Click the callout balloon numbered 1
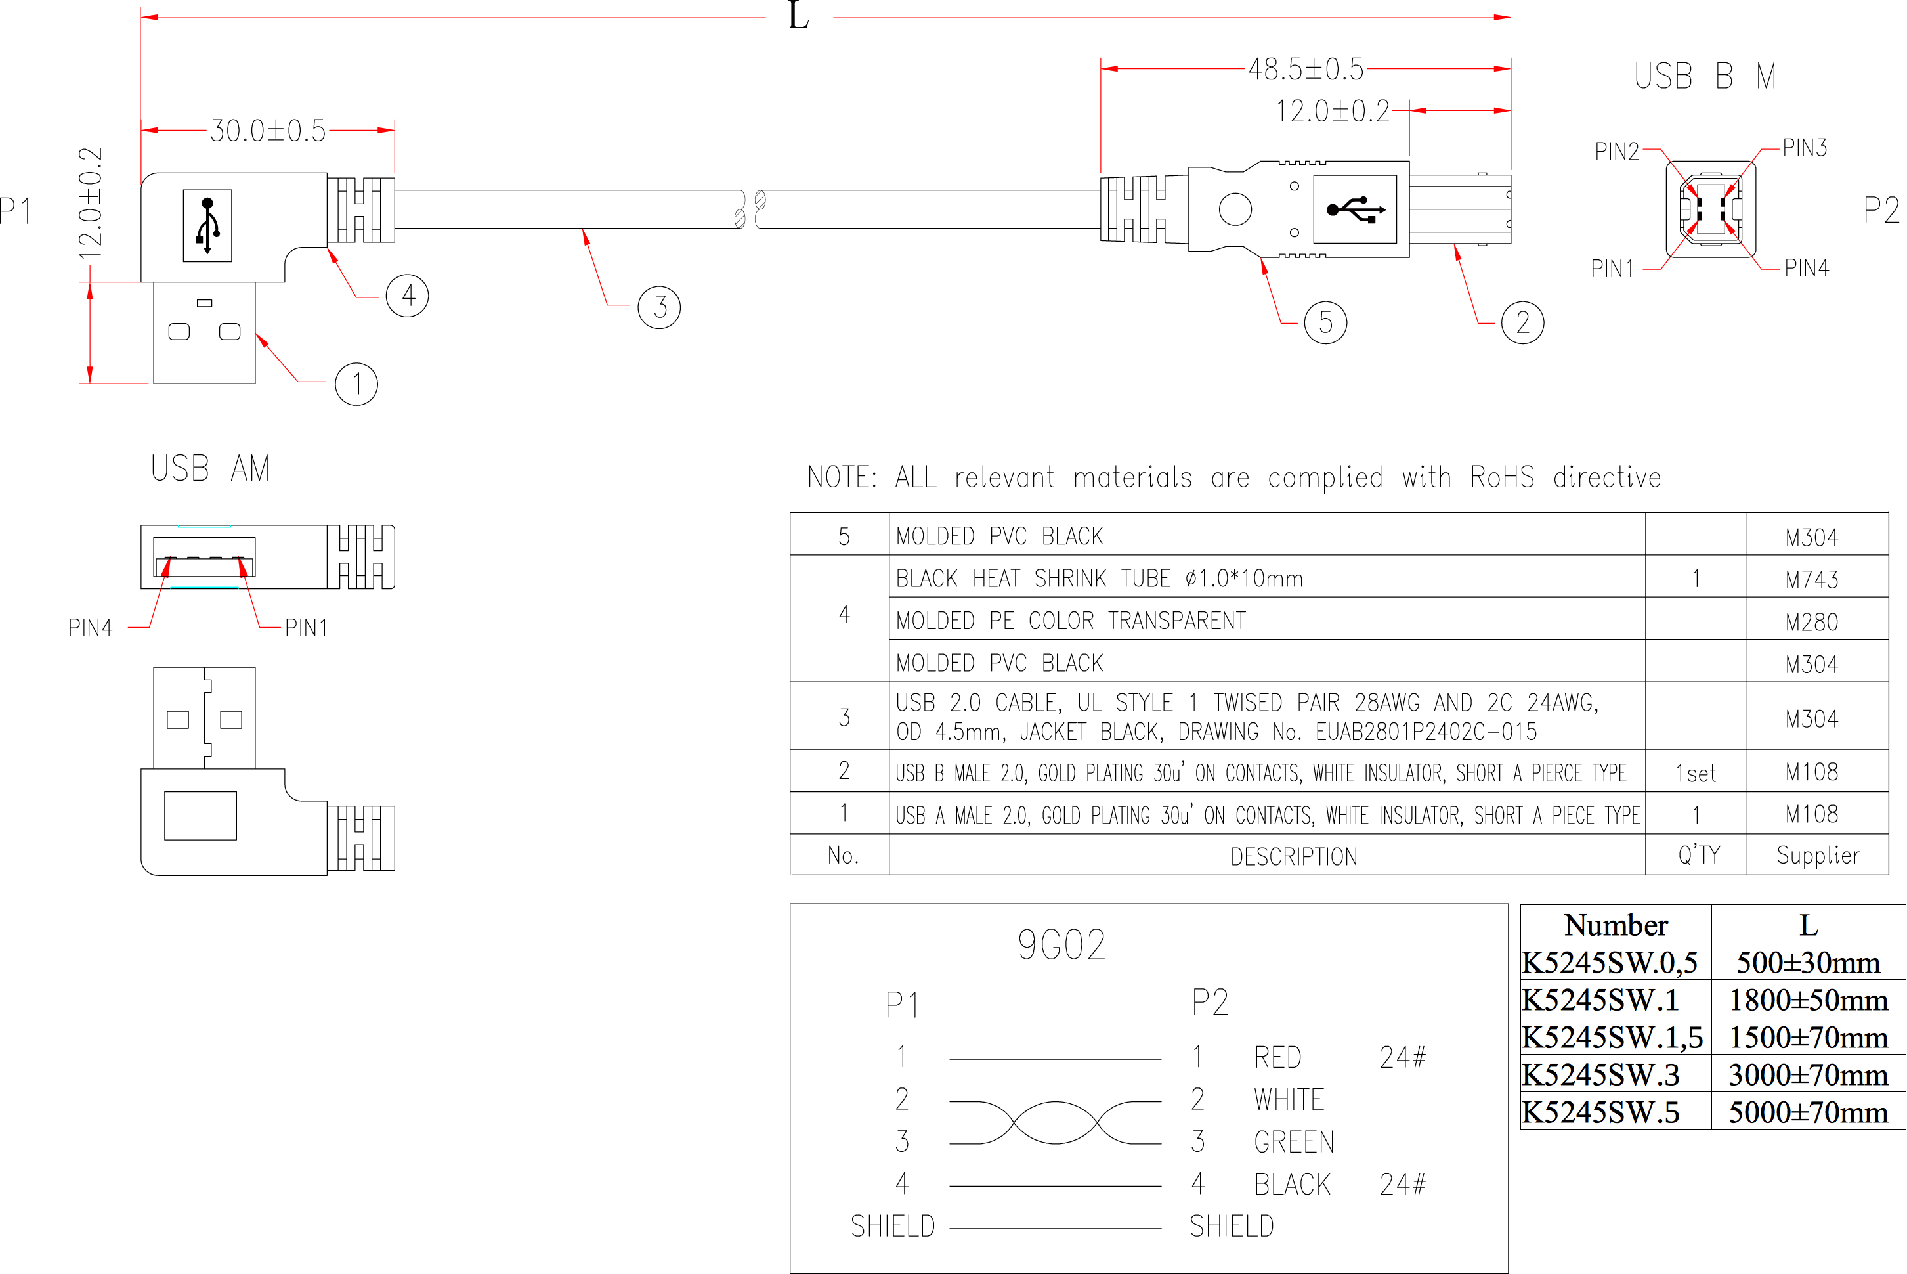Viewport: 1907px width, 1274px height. (x=356, y=384)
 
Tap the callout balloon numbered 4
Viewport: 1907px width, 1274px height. (x=408, y=296)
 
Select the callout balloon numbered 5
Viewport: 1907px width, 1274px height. (x=1325, y=322)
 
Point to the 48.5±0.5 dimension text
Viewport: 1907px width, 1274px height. (x=1306, y=70)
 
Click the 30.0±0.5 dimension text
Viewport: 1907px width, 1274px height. (x=268, y=131)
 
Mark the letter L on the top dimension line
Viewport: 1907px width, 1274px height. (x=798, y=16)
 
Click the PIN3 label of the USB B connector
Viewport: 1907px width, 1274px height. (x=1805, y=148)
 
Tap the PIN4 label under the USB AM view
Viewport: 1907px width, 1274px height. (x=90, y=628)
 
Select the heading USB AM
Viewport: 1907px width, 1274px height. (x=210, y=469)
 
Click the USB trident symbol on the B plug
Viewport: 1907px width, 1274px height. (x=1356, y=209)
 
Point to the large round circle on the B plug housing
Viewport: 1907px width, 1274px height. (x=1235, y=209)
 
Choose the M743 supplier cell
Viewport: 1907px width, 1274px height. (x=1811, y=580)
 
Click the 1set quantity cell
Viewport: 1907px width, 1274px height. (x=1696, y=774)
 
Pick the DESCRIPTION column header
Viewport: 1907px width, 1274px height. (x=1294, y=856)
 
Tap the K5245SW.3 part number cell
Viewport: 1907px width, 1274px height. (x=1601, y=1075)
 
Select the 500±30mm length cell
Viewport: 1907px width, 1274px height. (x=1808, y=963)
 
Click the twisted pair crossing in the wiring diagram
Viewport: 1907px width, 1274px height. (x=1055, y=1123)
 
